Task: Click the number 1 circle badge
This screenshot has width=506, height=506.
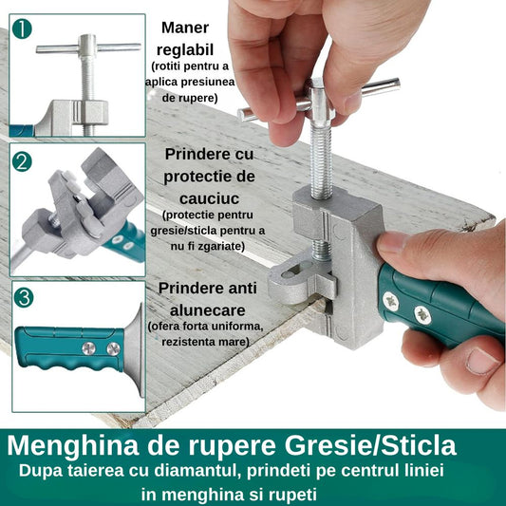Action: [x=22, y=29]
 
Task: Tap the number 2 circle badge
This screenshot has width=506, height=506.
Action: [x=22, y=161]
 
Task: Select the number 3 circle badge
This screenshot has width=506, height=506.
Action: [x=24, y=297]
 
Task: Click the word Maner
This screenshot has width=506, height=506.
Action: [x=185, y=28]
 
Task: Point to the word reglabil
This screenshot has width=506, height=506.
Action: [x=185, y=50]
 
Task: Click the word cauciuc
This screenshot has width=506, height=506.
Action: [x=209, y=198]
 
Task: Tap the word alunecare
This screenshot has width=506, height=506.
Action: [x=208, y=310]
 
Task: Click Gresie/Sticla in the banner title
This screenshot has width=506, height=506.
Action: [x=370, y=445]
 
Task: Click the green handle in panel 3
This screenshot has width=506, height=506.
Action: [x=69, y=348]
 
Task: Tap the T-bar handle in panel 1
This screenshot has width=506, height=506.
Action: [x=88, y=47]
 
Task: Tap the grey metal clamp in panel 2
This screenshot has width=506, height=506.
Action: [x=82, y=203]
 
